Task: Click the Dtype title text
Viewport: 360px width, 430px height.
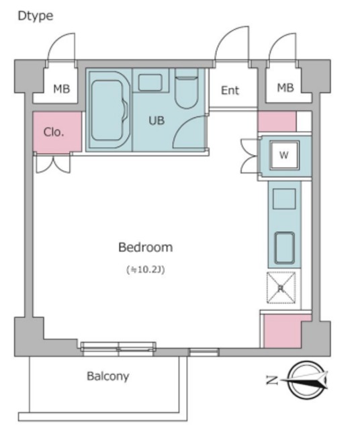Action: [36, 16]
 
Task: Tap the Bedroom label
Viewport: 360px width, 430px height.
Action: [146, 247]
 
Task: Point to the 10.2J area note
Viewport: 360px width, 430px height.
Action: [146, 270]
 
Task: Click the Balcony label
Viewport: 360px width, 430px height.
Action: [108, 376]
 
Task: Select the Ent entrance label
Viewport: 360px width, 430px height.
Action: [230, 90]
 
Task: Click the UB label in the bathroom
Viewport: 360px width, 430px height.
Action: [156, 120]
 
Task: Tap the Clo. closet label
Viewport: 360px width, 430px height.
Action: [54, 132]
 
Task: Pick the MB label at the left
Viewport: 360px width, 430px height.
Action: [61, 89]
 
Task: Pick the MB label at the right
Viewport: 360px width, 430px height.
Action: [285, 88]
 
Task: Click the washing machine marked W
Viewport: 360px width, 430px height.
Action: [284, 155]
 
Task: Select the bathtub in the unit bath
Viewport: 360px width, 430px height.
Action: [109, 110]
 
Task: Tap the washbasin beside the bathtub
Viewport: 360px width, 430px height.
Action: [150, 82]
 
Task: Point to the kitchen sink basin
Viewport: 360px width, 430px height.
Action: [285, 248]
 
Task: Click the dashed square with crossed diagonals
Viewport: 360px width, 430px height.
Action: [281, 288]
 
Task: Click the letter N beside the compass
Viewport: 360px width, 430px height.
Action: [272, 380]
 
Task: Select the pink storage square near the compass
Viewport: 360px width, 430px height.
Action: [282, 331]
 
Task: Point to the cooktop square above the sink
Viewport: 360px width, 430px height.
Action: [284, 199]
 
